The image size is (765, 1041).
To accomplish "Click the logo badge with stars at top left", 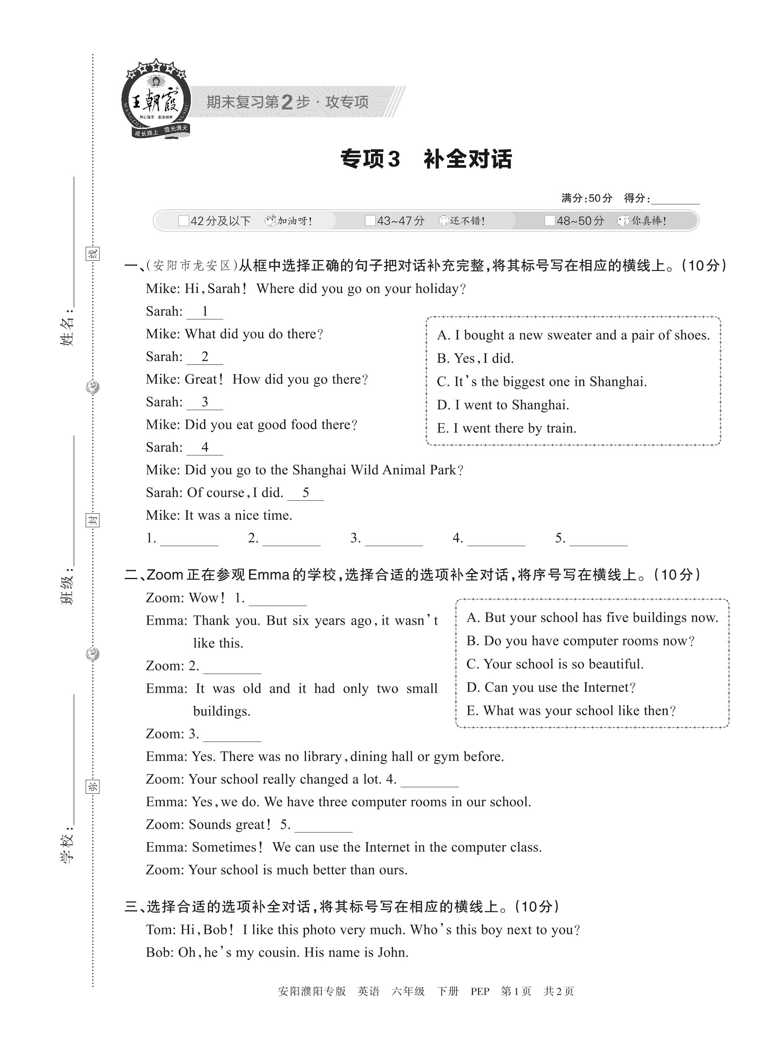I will (x=156, y=99).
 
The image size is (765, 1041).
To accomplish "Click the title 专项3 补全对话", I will (x=426, y=159).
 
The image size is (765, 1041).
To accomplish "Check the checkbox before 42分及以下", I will (x=184, y=221).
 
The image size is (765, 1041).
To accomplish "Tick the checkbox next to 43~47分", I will (x=370, y=221).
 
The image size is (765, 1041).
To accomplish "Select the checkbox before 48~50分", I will (x=549, y=221).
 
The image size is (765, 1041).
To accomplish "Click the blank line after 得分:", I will (x=675, y=200).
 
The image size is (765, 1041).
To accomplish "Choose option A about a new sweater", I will (x=573, y=335).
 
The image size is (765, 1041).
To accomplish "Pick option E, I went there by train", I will (x=506, y=428).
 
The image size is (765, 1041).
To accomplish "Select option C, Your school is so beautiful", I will (x=555, y=664).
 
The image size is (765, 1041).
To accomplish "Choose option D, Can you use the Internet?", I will (x=551, y=687).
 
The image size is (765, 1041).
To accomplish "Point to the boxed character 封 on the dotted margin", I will (x=93, y=520).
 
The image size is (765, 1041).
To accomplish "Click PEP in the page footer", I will (x=480, y=991).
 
